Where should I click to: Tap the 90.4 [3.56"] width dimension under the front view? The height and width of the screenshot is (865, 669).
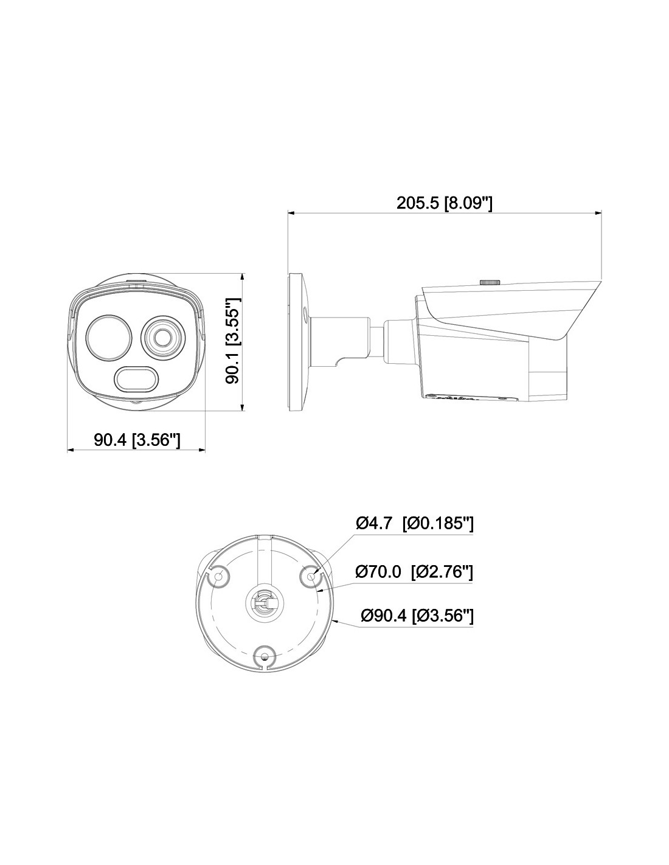(x=137, y=440)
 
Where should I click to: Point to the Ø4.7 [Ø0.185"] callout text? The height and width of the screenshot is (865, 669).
(x=414, y=524)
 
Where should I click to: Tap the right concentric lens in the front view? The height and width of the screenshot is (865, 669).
(x=163, y=337)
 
